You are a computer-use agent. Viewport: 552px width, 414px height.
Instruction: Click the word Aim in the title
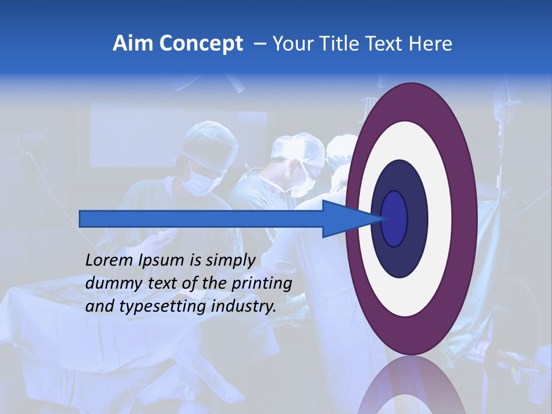click(x=133, y=44)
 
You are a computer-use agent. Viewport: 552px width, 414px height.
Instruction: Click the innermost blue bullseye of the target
click(x=394, y=218)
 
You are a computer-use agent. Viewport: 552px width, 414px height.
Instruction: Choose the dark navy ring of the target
click(x=417, y=218)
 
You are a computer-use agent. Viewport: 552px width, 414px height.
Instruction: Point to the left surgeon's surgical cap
click(x=210, y=141)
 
